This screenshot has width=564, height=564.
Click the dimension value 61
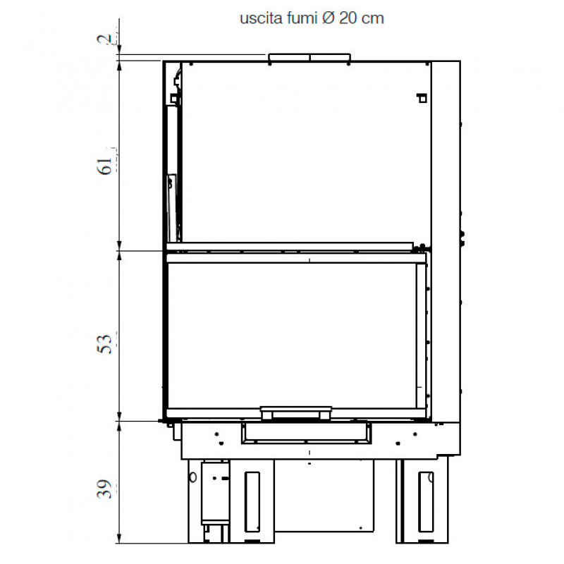pyautogui.click(x=105, y=166)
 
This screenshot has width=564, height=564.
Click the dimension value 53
pyautogui.click(x=105, y=344)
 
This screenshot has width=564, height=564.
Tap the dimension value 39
pyautogui.click(x=105, y=489)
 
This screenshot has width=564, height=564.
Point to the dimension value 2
pyautogui.click(x=104, y=39)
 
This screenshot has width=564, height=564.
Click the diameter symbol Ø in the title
pyautogui.click(x=329, y=18)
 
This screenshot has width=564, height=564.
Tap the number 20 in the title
pyautogui.click(x=348, y=18)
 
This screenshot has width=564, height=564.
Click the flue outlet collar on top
pyautogui.click(x=309, y=58)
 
